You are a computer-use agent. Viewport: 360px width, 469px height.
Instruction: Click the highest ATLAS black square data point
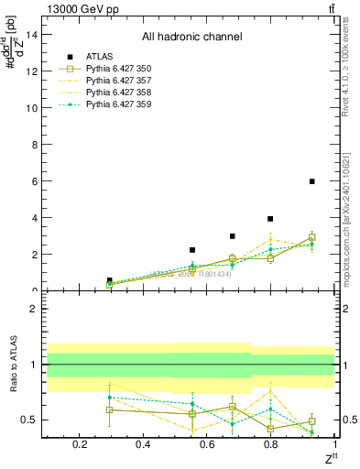pos(312,181)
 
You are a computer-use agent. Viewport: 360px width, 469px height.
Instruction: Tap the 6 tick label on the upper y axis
pos(32,181)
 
